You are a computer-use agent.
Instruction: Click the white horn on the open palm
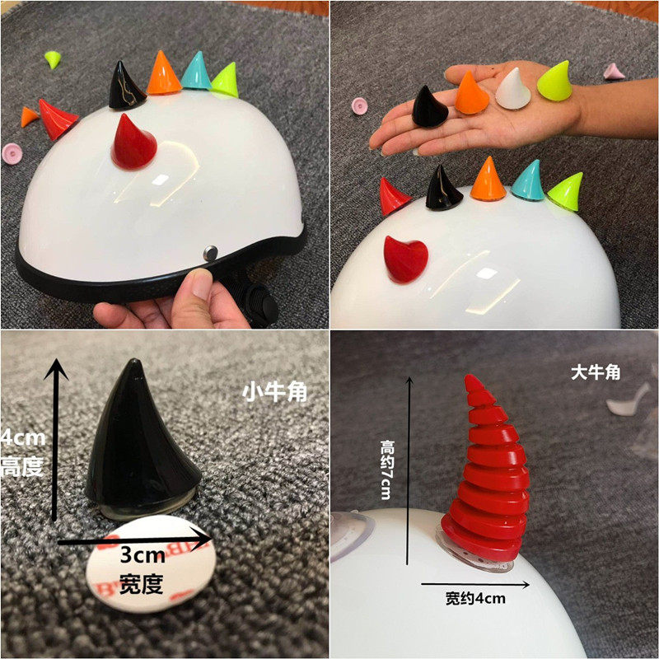pos(512,89)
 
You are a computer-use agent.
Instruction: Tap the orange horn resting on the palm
pos(471,93)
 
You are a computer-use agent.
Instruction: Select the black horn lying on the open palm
pos(429,108)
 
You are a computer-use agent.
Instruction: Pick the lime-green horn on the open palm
pos(555,82)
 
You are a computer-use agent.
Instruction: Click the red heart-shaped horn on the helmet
pos(405,259)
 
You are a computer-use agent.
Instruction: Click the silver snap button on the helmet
pos(210,253)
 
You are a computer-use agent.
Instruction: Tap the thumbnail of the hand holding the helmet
pos(203,283)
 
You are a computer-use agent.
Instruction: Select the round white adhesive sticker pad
pos(151,563)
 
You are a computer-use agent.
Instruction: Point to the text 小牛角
pos(274,393)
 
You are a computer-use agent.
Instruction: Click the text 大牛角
pos(596,372)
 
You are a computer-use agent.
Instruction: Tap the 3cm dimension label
pos(143,555)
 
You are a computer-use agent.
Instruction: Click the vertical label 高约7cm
pos(386,470)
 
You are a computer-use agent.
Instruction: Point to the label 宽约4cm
pos(475,598)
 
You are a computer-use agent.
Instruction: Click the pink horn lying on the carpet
pos(614,71)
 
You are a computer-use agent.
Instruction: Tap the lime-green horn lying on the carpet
pos(53,58)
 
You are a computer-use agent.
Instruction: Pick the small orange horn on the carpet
pos(30,117)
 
